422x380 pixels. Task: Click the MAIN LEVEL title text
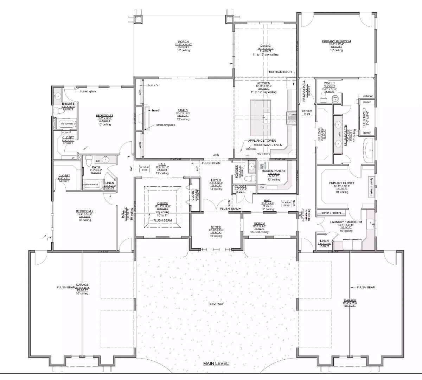pos(216,363)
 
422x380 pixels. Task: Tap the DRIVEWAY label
pos(216,304)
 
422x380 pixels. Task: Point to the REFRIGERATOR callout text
pos(280,72)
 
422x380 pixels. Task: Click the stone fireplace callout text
pos(166,125)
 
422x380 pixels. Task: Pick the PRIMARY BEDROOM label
pos(336,41)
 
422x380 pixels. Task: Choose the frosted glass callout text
pos(88,91)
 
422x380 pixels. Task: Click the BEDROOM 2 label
pos(84,212)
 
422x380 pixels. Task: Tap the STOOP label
pos(216,227)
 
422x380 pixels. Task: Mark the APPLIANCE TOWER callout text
pos(262,141)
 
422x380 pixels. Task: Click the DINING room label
pos(266,46)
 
